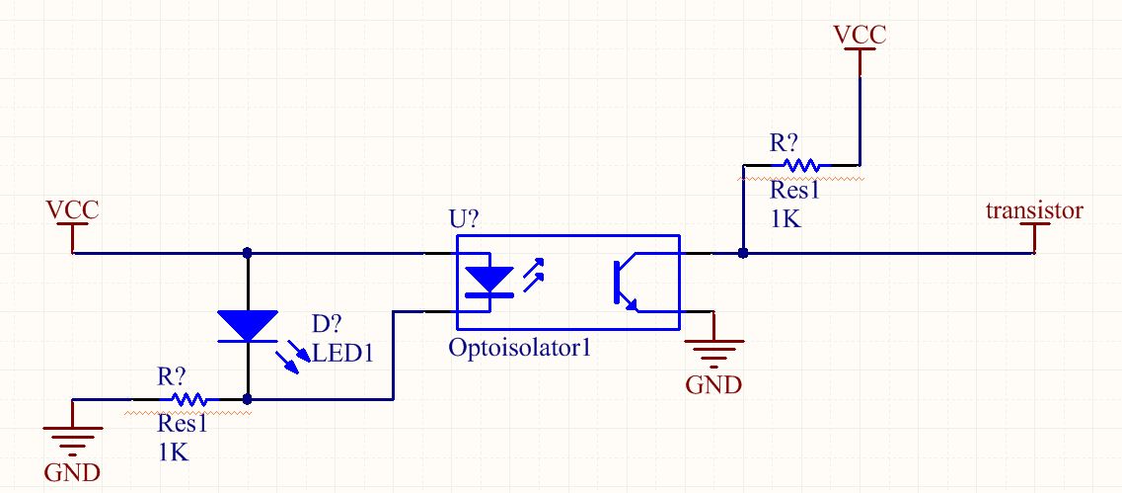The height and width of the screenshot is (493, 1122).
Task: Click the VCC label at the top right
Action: click(x=860, y=35)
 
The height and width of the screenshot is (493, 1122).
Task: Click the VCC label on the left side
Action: click(x=72, y=210)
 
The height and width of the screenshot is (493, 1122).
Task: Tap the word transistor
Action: click(x=1034, y=210)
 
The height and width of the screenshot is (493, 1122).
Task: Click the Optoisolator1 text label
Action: click(x=520, y=348)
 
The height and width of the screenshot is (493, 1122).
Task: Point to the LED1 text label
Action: click(x=343, y=353)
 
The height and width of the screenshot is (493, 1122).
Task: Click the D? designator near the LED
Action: click(x=327, y=325)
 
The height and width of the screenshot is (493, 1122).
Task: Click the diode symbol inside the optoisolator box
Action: click(x=489, y=281)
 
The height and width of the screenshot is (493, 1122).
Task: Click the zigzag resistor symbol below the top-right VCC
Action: click(x=801, y=166)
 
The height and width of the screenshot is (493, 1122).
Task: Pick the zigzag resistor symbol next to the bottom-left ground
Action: click(x=188, y=399)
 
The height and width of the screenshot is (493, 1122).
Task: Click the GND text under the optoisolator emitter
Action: click(x=713, y=384)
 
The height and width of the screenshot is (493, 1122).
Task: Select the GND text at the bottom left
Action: click(x=72, y=473)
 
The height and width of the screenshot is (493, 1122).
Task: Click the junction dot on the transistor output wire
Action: click(x=743, y=253)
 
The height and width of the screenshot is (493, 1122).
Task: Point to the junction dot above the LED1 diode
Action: click(x=248, y=253)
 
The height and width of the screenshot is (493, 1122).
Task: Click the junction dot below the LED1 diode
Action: click(x=248, y=399)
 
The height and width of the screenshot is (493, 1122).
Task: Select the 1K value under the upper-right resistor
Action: click(x=785, y=218)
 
